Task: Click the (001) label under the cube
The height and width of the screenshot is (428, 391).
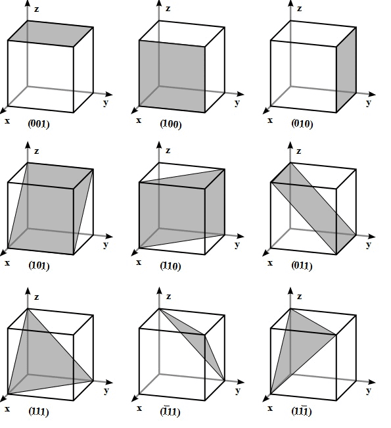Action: [39, 124]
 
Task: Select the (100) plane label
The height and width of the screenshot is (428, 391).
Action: [171, 124]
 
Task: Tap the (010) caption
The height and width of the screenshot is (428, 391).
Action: [302, 124]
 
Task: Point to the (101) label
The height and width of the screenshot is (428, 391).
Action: [39, 266]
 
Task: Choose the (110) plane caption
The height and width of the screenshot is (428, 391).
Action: [170, 266]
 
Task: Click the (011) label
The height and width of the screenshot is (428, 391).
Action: [302, 266]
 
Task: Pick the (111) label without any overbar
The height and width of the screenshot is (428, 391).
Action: [39, 412]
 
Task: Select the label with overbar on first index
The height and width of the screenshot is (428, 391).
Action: [170, 411]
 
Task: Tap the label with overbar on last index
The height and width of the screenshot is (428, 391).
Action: [302, 411]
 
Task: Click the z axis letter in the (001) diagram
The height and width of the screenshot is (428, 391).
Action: [36, 9]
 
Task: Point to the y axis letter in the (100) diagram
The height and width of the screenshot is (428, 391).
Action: [237, 103]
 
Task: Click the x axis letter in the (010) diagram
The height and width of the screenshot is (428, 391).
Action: [270, 120]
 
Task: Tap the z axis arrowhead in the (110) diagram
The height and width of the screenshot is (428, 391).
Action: [159, 145]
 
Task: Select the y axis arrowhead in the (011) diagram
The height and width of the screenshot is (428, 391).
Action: [372, 236]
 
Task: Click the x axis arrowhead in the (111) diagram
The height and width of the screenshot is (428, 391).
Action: [3, 398]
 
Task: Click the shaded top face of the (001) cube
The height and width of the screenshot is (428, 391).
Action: [51, 34]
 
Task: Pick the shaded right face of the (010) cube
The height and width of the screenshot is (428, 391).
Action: [346, 70]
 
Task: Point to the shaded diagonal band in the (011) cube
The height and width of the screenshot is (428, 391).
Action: [313, 208]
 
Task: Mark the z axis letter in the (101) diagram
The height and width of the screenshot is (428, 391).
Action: [36, 151]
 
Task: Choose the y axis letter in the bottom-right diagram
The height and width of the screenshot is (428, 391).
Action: [369, 391]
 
